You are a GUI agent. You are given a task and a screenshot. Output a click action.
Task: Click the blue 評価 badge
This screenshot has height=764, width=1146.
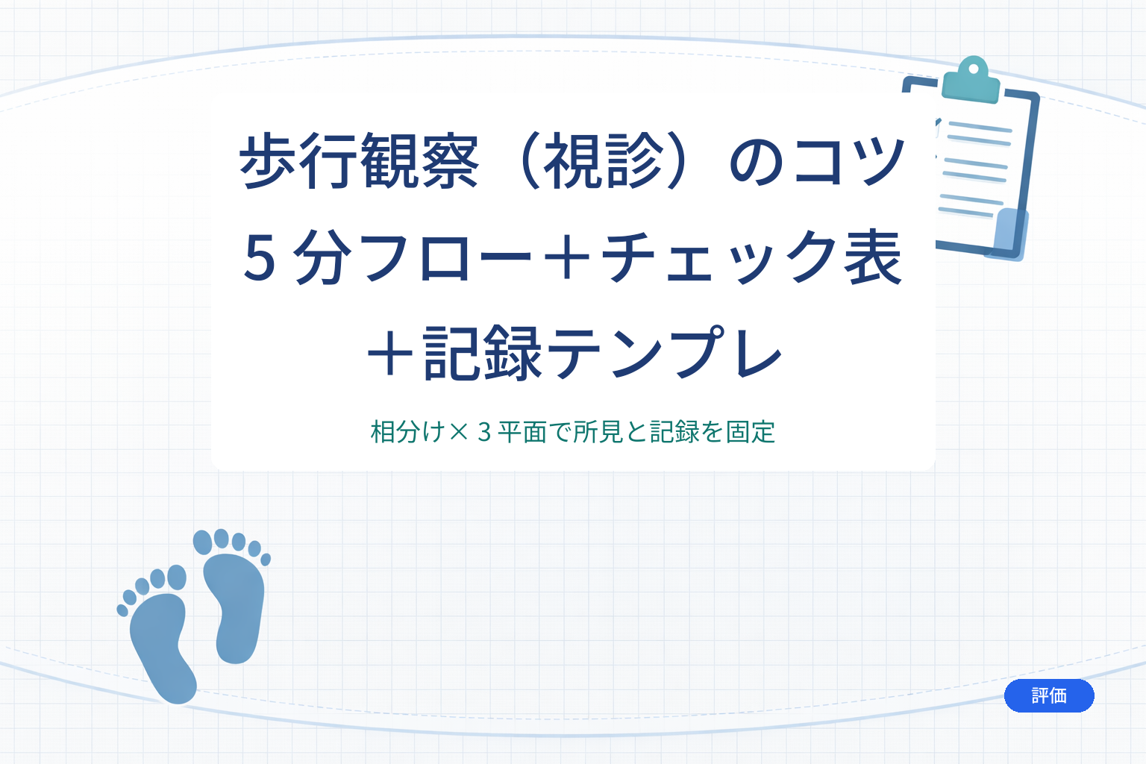(x=1049, y=695)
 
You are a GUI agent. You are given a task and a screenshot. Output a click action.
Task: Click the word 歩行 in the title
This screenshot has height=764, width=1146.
(x=299, y=161)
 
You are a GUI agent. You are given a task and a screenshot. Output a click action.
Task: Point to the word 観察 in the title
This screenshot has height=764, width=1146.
(x=420, y=161)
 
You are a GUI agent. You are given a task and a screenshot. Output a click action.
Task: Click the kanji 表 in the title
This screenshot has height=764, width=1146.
(x=872, y=257)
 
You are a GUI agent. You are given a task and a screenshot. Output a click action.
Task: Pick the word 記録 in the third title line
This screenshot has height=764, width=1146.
(x=483, y=353)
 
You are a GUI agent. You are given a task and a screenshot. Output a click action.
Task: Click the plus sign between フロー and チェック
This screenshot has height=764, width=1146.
(x=567, y=257)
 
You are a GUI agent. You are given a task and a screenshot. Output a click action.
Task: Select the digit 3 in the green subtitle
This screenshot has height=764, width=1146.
(x=484, y=432)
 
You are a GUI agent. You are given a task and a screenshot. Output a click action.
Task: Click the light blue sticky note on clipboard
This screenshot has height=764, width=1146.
(x=1009, y=234)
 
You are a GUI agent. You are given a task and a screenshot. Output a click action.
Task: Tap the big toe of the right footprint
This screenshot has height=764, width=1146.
(x=203, y=542)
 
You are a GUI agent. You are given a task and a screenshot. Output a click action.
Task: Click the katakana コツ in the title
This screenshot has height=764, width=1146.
(x=849, y=161)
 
